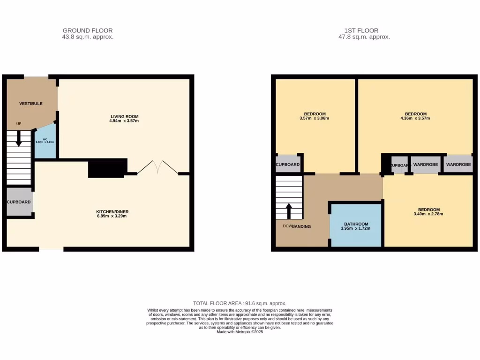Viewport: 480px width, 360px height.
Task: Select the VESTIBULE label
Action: [x=30, y=103]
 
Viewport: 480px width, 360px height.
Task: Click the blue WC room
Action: [x=45, y=142]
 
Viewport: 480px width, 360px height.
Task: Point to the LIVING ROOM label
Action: [x=124, y=116]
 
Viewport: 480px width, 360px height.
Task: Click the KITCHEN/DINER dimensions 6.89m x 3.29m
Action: [x=111, y=216]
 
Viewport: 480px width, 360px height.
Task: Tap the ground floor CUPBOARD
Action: [x=19, y=202]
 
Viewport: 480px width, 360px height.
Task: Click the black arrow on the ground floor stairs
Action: [x=19, y=138]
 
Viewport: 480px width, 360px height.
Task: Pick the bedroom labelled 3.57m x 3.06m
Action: [x=315, y=116]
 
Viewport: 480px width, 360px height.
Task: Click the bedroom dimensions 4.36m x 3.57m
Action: [x=416, y=118]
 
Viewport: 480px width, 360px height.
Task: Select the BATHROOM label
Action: [x=356, y=224]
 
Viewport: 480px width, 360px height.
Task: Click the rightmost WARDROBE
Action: [x=458, y=165]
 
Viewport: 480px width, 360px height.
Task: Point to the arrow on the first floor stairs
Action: [x=289, y=210]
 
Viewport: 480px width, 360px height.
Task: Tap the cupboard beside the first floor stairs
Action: [x=287, y=165]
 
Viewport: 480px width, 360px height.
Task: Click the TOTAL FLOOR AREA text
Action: [x=240, y=303]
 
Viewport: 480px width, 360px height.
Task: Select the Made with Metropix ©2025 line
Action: [x=240, y=332]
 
